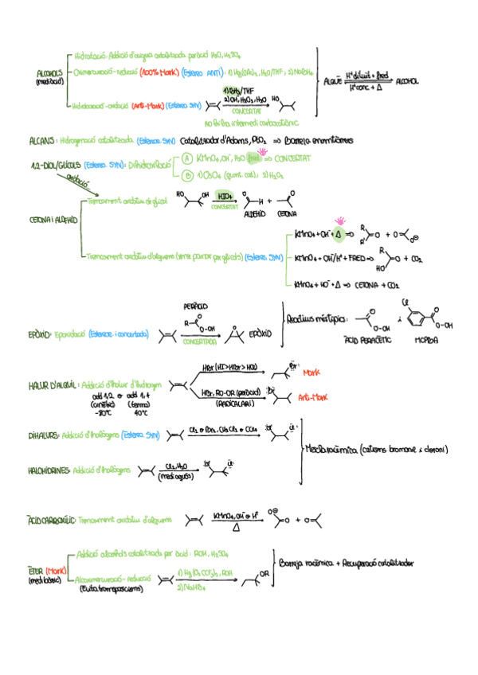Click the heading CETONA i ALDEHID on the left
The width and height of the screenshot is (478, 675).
(51, 219)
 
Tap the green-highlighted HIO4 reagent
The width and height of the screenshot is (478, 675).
(225, 195)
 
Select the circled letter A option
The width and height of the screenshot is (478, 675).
(186, 158)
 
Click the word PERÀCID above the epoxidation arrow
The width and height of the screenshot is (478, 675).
(195, 306)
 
